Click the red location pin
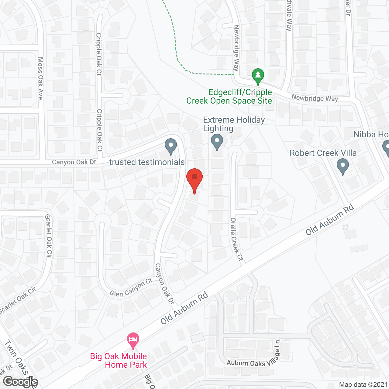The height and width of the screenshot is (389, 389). (x=194, y=180)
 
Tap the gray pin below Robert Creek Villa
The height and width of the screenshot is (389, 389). (x=343, y=166)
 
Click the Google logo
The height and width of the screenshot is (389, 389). (x=21, y=382)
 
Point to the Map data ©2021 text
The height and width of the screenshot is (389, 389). (x=363, y=384)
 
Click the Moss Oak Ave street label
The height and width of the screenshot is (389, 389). (x=40, y=78)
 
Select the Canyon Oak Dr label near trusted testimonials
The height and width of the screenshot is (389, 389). (x=74, y=162)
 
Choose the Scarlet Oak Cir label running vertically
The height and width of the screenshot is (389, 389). (x=49, y=236)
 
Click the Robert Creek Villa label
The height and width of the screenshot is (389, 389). (x=323, y=153)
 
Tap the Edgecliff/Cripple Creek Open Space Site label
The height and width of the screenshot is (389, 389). (x=229, y=96)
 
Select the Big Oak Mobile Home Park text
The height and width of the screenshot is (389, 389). (x=119, y=360)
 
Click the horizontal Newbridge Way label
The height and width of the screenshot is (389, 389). (x=315, y=98)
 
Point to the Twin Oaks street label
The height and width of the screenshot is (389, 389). (x=16, y=357)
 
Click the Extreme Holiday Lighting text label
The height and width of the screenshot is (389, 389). (x=234, y=124)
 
